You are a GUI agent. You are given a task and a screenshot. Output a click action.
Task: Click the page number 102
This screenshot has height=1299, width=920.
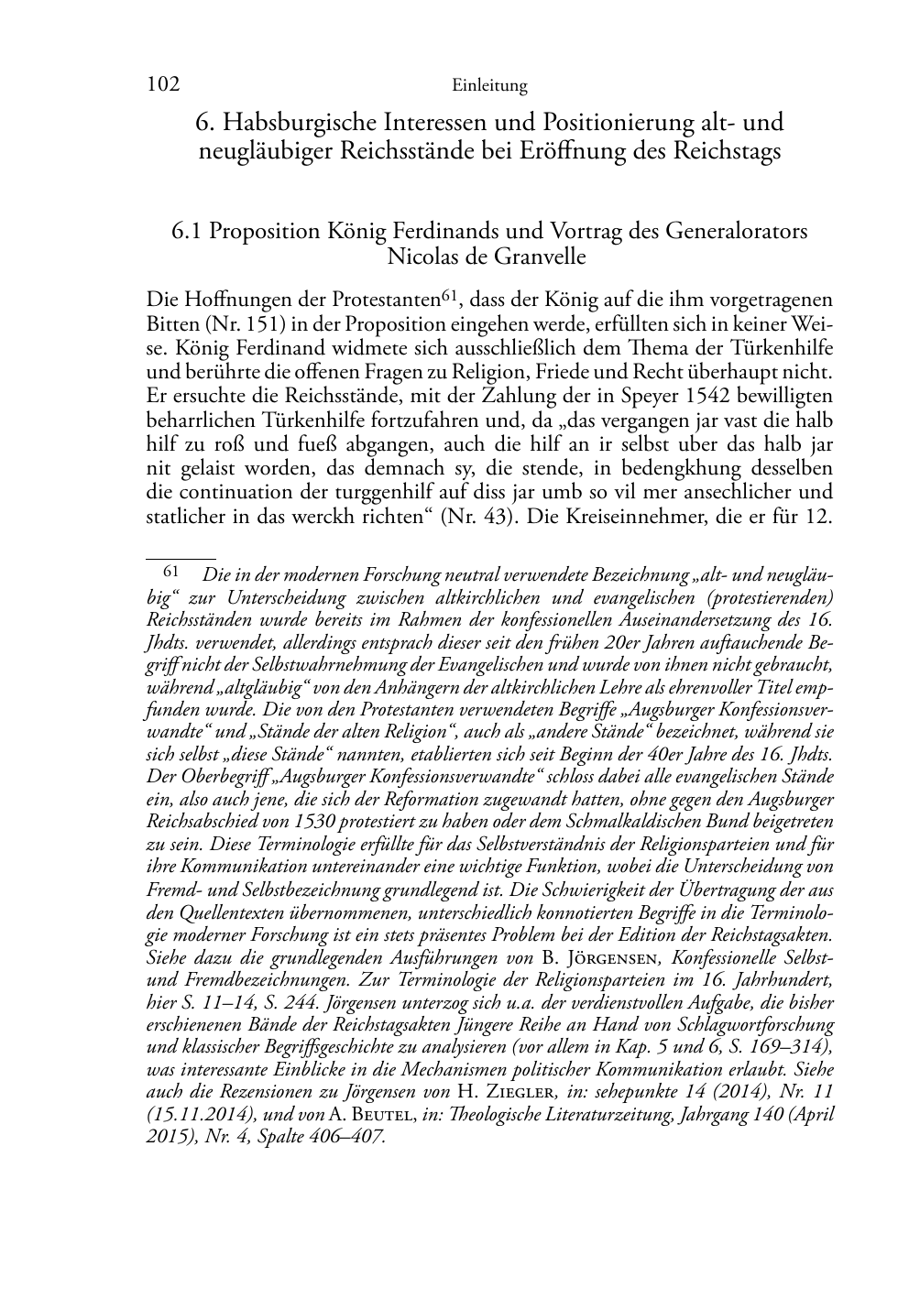162,85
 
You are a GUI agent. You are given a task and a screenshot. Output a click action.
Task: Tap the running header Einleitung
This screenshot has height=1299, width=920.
489,86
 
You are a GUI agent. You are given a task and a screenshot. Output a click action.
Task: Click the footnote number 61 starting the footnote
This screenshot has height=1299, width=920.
170,571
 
